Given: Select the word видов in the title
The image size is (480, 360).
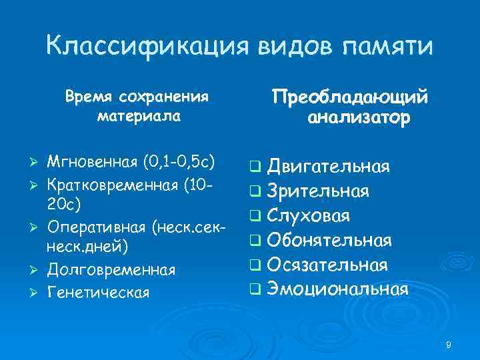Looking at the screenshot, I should coord(286,46).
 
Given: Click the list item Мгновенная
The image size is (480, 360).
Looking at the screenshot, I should coord(91,161).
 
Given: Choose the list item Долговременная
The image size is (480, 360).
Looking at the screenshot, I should coord(111,270).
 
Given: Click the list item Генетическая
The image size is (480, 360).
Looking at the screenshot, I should coord(98,292).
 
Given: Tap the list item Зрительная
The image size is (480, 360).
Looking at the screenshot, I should coord(317,191).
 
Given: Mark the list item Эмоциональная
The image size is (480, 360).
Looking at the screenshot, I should coord(337,289).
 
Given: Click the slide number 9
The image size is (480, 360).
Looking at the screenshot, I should coord(449,345).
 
